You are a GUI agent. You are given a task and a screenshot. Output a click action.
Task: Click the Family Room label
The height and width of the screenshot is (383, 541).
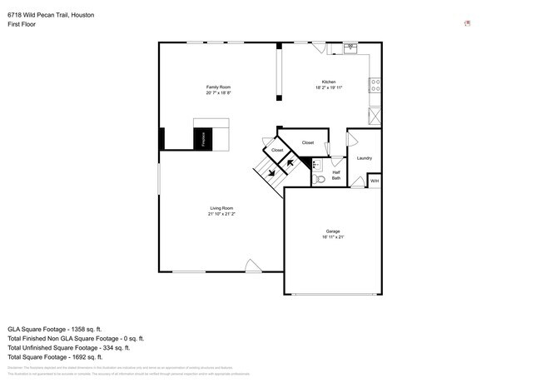click(218, 87)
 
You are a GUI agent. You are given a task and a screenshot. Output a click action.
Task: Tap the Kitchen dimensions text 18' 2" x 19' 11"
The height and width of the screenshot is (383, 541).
click(329, 87)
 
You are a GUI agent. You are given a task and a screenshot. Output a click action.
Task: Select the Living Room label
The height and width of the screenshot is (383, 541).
click(221, 208)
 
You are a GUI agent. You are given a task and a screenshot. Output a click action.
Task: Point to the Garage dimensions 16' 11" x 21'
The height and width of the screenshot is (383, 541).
click(333, 237)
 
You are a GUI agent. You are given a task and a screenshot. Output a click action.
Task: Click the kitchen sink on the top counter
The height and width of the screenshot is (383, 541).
click(350, 47)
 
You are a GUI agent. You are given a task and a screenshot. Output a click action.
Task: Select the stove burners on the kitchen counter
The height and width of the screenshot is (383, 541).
click(376, 85)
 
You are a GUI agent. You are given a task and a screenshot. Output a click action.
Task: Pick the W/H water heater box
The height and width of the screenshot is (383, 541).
click(375, 181)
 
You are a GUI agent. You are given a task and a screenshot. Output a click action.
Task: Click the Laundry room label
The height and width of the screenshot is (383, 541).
click(364, 157)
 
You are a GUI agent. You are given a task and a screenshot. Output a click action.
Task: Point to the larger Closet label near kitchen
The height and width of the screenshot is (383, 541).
click(307, 143)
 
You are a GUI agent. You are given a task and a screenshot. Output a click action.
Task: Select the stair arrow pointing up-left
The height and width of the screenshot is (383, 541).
click(289, 164)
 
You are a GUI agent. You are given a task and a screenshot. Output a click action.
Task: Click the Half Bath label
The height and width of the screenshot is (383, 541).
click(336, 175)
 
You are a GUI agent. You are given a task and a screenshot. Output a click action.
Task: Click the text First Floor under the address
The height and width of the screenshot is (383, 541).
click(22, 24)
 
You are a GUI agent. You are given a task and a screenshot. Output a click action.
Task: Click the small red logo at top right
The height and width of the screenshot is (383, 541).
click(468, 23)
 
